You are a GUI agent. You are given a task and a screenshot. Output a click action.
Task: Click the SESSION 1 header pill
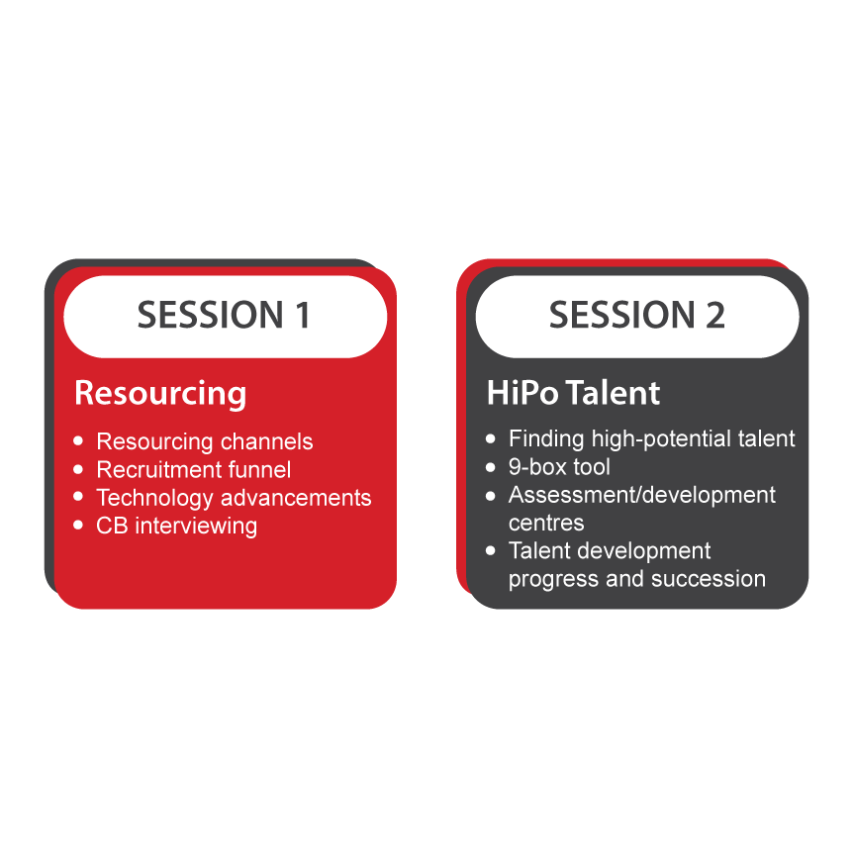pyautogui.click(x=225, y=316)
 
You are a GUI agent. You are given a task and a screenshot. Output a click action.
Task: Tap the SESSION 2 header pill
pyautogui.click(x=636, y=316)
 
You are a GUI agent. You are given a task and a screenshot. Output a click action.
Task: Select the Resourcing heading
pyautogui.click(x=160, y=393)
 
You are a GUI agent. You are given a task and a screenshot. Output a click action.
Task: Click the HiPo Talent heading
pyautogui.click(x=573, y=393)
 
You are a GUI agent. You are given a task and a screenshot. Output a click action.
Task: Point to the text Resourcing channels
pyautogui.click(x=204, y=441)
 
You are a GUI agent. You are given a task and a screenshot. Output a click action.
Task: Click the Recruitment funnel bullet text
pyautogui.click(x=193, y=469)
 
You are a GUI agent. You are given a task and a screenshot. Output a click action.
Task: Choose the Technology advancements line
pyautogui.click(x=234, y=497)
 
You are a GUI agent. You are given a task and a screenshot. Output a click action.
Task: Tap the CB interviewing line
pyautogui.click(x=176, y=525)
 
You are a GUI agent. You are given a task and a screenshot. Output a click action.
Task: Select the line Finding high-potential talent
pyautogui.click(x=651, y=438)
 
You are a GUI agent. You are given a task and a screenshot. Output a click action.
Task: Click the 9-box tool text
pyautogui.click(x=559, y=466)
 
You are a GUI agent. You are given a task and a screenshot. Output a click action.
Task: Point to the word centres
pyautogui.click(x=546, y=522)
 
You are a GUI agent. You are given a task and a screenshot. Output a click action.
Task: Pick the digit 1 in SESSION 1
pyautogui.click(x=301, y=316)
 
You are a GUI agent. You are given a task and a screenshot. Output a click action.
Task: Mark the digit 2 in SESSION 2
pyautogui.click(x=713, y=316)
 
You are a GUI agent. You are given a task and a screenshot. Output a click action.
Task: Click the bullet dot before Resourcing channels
pyautogui.click(x=79, y=440)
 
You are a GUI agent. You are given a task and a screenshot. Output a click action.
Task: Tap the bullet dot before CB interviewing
pyautogui.click(x=79, y=525)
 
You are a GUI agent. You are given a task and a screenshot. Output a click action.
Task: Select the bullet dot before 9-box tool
pyautogui.click(x=491, y=466)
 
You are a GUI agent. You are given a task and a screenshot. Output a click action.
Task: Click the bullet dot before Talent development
pyautogui.click(x=491, y=550)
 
